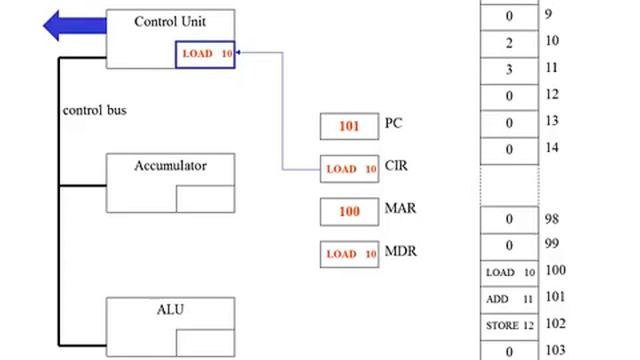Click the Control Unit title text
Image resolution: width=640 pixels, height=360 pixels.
click(x=170, y=21)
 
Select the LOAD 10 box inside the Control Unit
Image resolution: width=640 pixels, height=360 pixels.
click(x=207, y=53)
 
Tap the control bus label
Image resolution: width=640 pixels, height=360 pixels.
click(x=95, y=109)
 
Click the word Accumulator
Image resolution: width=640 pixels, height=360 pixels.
click(x=170, y=166)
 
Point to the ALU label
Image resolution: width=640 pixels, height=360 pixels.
click(x=170, y=309)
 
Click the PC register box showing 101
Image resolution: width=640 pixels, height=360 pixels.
click(x=349, y=127)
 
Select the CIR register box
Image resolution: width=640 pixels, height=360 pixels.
click(x=349, y=169)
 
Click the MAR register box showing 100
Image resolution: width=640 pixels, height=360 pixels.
click(x=349, y=212)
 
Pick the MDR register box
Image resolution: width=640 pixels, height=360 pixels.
click(x=349, y=254)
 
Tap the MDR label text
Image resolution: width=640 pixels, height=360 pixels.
click(x=400, y=252)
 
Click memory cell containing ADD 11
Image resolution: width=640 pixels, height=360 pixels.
click(x=510, y=298)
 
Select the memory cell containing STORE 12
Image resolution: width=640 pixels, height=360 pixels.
click(x=510, y=324)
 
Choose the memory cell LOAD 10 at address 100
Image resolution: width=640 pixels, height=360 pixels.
click(x=510, y=272)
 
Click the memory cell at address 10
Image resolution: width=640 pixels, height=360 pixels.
click(x=510, y=43)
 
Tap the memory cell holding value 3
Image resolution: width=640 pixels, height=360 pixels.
click(x=510, y=70)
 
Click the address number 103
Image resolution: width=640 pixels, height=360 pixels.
click(x=556, y=350)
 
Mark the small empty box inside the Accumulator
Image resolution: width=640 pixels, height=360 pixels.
click(x=205, y=198)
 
